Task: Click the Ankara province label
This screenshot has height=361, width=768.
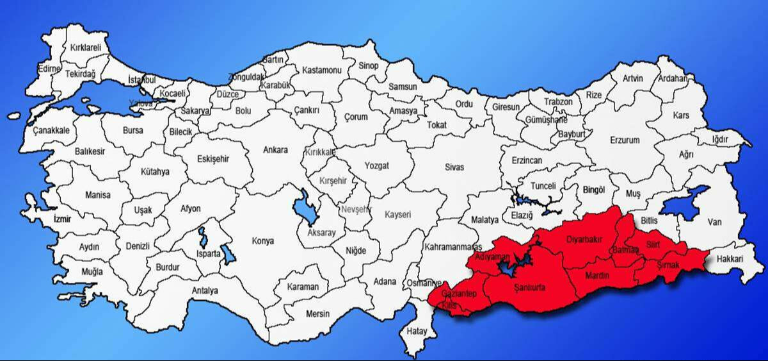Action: click(x=275, y=150)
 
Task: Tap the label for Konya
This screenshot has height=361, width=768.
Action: click(x=263, y=241)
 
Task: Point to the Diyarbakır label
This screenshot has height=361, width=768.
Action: click(x=585, y=239)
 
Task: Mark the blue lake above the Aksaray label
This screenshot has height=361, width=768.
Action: click(x=302, y=207)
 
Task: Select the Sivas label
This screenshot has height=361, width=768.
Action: click(x=454, y=167)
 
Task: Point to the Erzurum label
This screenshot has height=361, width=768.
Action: click(x=625, y=140)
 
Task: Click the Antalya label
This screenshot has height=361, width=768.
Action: click(x=205, y=290)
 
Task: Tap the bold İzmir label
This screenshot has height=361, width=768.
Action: click(x=63, y=219)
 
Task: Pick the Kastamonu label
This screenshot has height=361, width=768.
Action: click(x=322, y=70)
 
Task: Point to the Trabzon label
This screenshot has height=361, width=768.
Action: click(x=559, y=101)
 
